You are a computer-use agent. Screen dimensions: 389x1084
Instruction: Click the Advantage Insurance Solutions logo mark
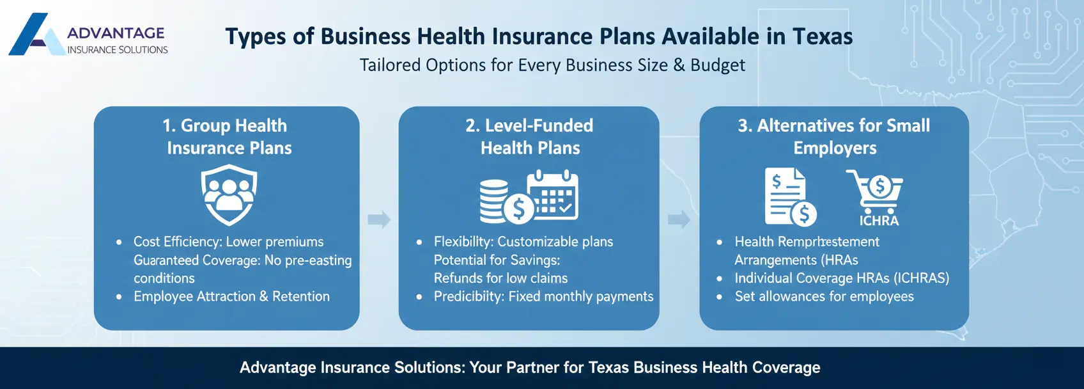point(35,35)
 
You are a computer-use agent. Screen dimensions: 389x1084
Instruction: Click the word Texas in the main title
point(822,36)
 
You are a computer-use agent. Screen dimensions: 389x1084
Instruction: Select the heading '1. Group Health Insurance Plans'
point(228,137)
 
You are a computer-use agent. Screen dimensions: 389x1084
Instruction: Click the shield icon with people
point(229,194)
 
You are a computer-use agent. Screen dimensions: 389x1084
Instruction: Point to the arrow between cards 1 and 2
point(379,219)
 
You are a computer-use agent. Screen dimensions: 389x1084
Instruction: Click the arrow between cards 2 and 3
point(679,219)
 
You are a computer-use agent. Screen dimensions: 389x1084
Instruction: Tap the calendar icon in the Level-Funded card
point(553,195)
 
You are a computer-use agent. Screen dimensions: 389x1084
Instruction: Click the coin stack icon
point(495,200)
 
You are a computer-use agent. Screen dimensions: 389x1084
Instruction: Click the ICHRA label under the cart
point(879,221)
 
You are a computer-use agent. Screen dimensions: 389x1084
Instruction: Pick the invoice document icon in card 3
point(787,196)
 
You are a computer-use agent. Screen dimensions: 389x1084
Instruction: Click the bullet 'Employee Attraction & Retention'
point(231,296)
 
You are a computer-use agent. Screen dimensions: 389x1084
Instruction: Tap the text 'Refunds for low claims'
point(500,278)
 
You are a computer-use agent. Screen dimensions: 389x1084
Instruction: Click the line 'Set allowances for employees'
point(824,296)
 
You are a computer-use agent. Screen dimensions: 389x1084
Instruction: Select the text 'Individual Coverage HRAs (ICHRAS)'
point(841,278)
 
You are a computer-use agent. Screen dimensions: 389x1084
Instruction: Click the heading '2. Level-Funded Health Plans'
point(530,137)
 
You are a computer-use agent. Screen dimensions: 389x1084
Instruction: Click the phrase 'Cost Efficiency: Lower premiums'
point(228,242)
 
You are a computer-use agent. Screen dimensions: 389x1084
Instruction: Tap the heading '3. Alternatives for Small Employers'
point(834,137)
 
